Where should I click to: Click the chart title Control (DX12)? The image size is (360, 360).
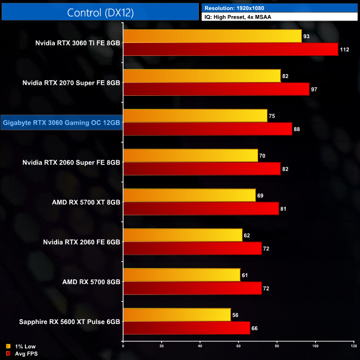(x=100, y=12)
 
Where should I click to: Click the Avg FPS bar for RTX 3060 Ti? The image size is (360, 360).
(x=230, y=49)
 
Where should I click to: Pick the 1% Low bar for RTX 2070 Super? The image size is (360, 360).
(x=202, y=76)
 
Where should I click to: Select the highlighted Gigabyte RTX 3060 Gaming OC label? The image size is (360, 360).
(x=61, y=122)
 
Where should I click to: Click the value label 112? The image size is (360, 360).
(x=345, y=49)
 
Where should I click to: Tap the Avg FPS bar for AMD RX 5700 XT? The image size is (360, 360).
(x=200, y=209)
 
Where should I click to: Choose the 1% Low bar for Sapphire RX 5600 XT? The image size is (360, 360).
(x=177, y=315)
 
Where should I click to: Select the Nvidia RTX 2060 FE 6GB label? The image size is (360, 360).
(x=81, y=242)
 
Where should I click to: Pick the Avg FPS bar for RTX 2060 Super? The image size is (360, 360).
(x=202, y=169)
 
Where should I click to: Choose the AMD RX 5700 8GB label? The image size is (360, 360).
(x=91, y=282)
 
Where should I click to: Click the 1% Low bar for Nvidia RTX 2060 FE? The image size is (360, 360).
(x=183, y=235)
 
